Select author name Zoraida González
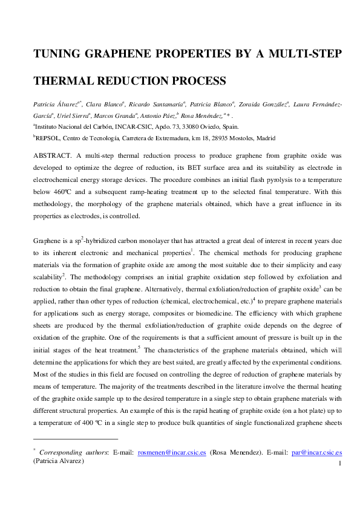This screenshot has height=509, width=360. [x=261, y=104]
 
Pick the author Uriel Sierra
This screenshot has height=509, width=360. [x=74, y=115]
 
